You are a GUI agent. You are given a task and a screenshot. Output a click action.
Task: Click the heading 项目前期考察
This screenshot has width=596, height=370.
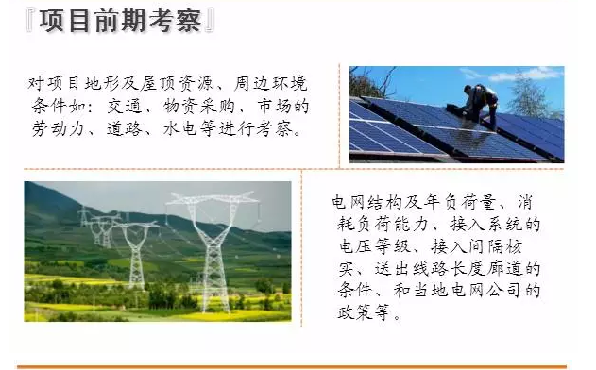(x=121, y=21)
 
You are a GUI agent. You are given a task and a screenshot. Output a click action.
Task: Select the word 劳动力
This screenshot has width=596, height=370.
(x=58, y=128)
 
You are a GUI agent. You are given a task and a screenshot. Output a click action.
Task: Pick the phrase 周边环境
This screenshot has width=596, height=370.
(x=270, y=84)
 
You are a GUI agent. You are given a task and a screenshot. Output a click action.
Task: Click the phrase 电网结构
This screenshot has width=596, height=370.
(x=367, y=202)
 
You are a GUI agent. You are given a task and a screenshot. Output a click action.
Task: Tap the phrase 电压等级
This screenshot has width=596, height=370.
(x=375, y=246)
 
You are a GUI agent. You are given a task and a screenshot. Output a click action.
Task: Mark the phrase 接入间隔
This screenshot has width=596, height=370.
(x=468, y=246)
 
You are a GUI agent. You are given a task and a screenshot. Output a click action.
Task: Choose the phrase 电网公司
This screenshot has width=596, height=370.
(x=485, y=291)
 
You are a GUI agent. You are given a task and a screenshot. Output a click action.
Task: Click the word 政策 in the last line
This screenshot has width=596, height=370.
(x=355, y=312)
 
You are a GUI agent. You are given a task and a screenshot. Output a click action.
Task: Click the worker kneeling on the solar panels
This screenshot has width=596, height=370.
(x=480, y=105)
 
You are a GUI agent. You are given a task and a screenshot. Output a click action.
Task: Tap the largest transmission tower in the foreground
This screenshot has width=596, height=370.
(x=213, y=251)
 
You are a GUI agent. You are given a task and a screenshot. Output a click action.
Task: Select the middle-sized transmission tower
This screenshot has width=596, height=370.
(x=136, y=254)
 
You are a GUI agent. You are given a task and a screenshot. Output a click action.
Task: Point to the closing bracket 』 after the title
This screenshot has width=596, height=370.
(x=210, y=21)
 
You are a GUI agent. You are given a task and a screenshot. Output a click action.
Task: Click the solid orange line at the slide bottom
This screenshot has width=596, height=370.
(x=292, y=367)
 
